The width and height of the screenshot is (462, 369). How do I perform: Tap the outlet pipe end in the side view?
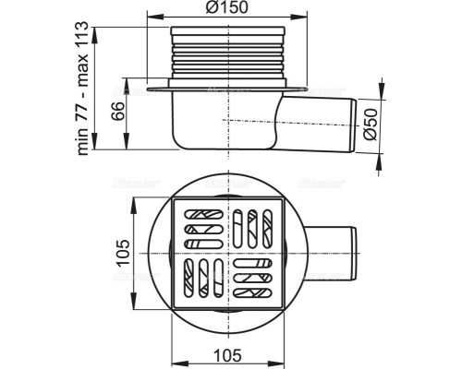pos(354,119)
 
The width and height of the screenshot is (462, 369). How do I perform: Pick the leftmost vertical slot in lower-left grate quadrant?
pos(190,277)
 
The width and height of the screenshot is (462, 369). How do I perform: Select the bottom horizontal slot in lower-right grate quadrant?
pos(252,293)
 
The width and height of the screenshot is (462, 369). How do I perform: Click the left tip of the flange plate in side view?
pos(147,89)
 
